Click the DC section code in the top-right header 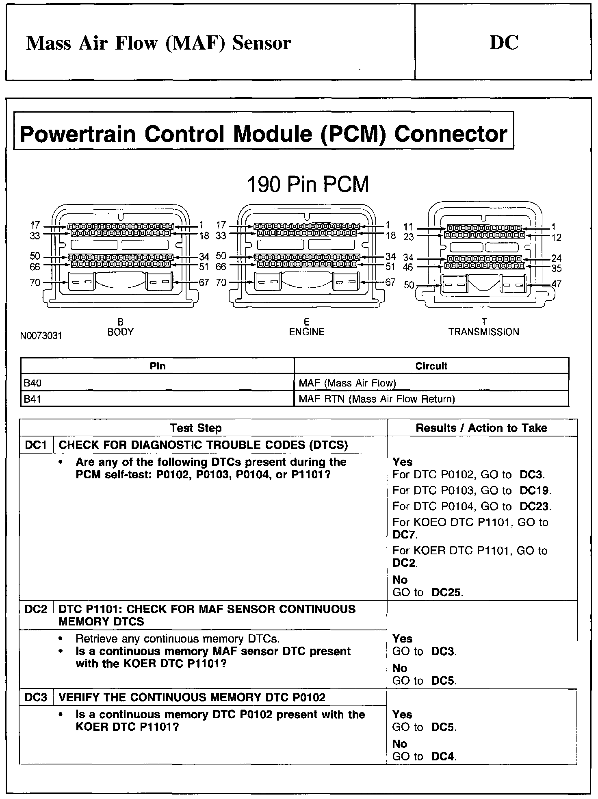[x=504, y=43]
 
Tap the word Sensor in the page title [x=262, y=43]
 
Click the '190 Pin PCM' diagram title [x=308, y=185]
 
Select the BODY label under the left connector [x=120, y=332]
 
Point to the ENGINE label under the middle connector [x=307, y=332]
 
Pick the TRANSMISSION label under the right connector [x=484, y=332]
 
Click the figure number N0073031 [x=41, y=336]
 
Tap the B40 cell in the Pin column [x=32, y=383]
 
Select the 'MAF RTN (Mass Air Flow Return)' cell [x=377, y=399]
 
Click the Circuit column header [x=431, y=366]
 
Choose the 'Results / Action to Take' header [x=481, y=428]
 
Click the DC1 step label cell [x=36, y=445]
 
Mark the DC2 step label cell [x=36, y=609]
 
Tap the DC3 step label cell [x=36, y=697]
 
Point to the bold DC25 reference [x=446, y=593]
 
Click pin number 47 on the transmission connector [x=556, y=284]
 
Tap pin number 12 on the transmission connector [x=556, y=237]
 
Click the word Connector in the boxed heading [x=451, y=134]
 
